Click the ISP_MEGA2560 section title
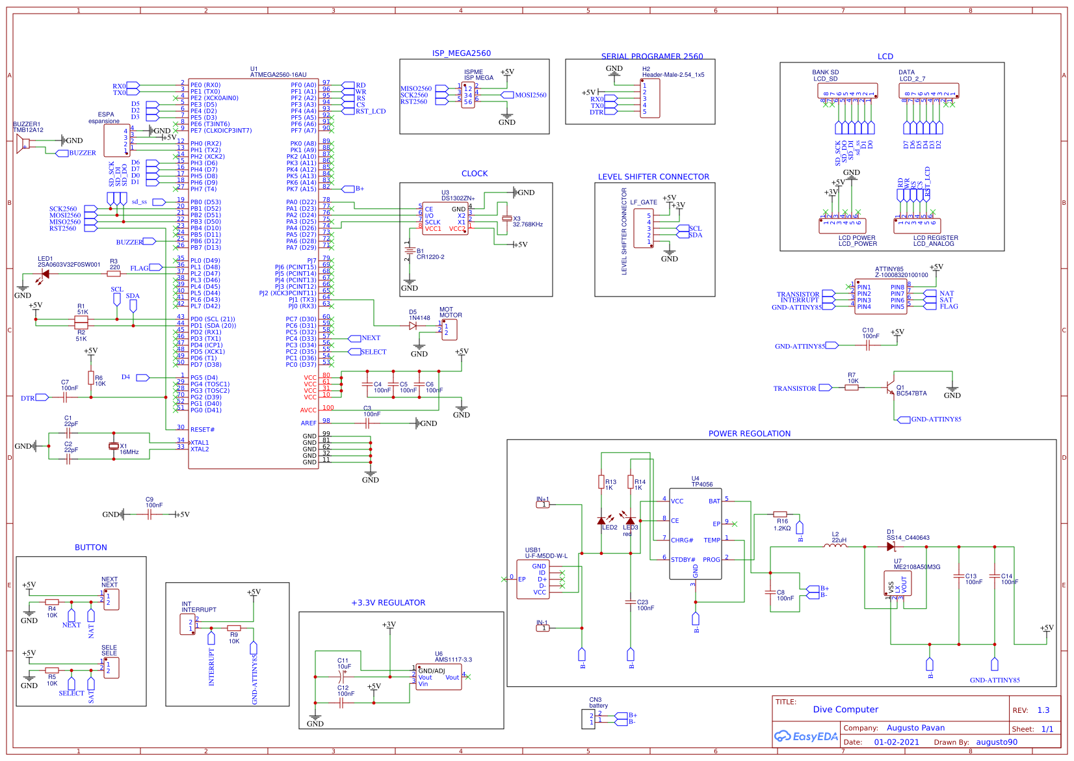click(x=461, y=53)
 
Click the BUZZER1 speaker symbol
click(x=23, y=144)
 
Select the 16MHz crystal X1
click(x=114, y=446)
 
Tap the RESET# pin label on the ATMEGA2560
click(x=202, y=430)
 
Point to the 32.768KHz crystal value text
click(x=527, y=224)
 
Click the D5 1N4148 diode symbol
click(x=413, y=326)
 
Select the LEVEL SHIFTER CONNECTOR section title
click(x=653, y=177)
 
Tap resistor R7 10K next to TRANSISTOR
click(x=851, y=388)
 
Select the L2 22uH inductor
click(x=835, y=546)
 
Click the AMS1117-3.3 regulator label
click(x=453, y=660)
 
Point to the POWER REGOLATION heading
click(x=749, y=434)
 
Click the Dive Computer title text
click(x=845, y=710)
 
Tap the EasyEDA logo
click(x=805, y=736)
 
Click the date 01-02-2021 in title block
click(x=896, y=742)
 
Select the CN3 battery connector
click(x=588, y=719)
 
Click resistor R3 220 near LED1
click(x=114, y=274)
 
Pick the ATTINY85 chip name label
click(x=889, y=269)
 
